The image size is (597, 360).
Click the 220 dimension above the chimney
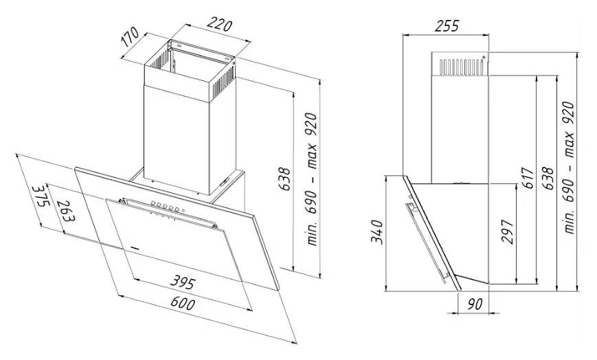coord(219,25)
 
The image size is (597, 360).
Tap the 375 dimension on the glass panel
coord(41,195)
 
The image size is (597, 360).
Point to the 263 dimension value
coord(65,210)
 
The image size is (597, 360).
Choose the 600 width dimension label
coord(183,303)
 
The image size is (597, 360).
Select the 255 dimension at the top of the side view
coord(447,25)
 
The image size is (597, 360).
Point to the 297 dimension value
coord(507,232)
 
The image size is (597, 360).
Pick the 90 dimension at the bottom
coord(475,304)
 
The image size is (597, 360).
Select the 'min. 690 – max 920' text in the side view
coord(569,168)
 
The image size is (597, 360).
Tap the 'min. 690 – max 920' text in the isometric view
coord(311,179)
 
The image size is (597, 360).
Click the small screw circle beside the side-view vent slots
coord(484,58)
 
